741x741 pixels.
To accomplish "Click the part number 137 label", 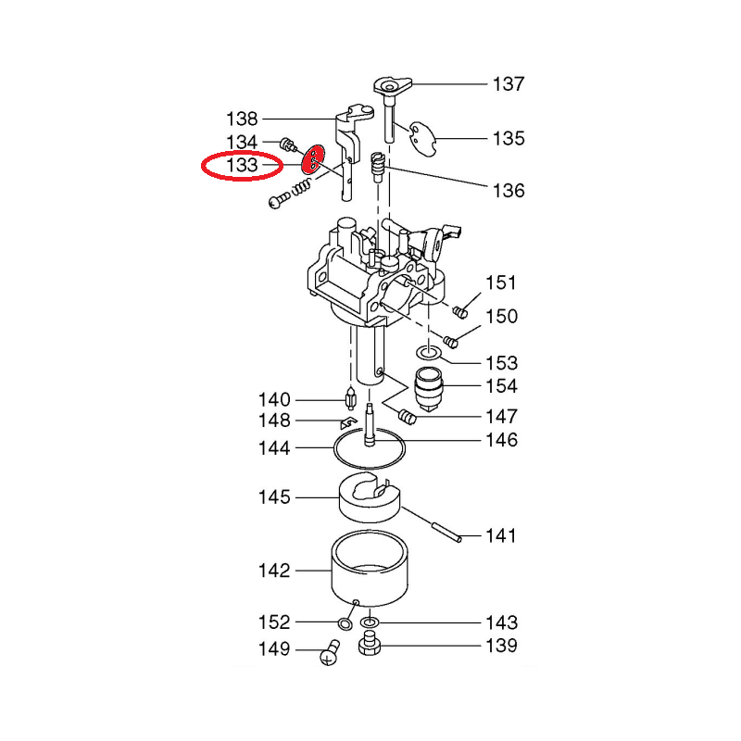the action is [x=509, y=84].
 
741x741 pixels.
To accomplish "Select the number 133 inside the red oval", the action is [x=242, y=165].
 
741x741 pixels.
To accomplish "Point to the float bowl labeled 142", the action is [x=370, y=569].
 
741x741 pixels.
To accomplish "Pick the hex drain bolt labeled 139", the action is [x=370, y=643].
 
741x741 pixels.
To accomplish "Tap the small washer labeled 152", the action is [x=345, y=623].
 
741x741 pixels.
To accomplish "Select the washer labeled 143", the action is [x=370, y=622].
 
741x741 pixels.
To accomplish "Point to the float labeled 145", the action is [x=370, y=498].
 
